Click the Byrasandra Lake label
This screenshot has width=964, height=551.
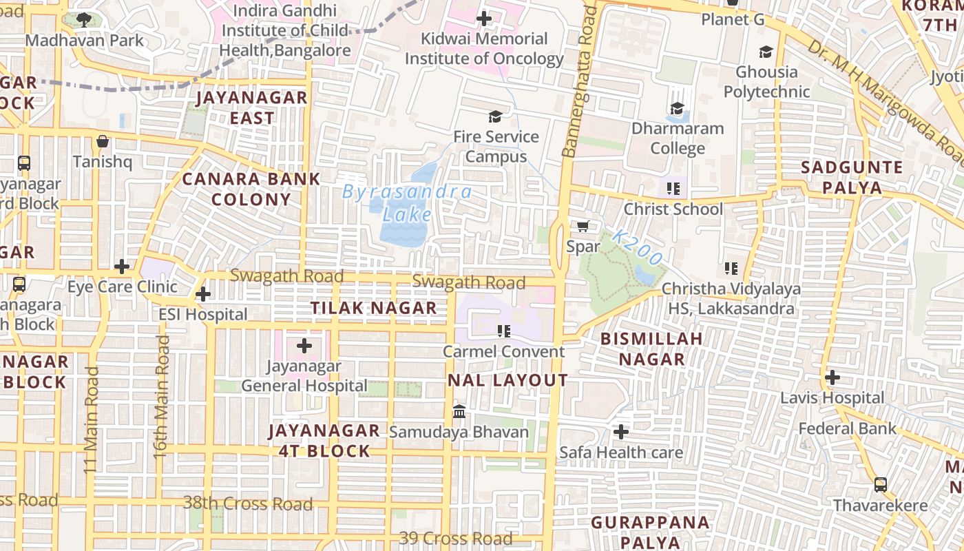(x=407, y=203)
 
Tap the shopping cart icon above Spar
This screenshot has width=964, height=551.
(x=583, y=226)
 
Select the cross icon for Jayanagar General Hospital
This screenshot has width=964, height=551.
(x=304, y=346)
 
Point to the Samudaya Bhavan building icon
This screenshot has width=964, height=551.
(x=459, y=412)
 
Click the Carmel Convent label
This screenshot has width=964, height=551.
(x=503, y=351)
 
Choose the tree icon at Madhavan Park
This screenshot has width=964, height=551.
(x=84, y=20)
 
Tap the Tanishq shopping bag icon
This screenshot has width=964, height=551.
(x=103, y=141)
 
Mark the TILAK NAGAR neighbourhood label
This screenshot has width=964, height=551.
(x=374, y=308)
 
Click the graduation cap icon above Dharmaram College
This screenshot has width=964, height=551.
(x=678, y=108)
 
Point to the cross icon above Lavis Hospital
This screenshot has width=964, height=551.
(x=832, y=377)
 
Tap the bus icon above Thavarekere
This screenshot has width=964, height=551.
(x=880, y=485)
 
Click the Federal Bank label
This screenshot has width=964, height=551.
(x=848, y=428)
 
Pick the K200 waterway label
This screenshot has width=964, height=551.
(x=638, y=248)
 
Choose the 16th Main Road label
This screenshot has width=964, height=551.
(x=161, y=397)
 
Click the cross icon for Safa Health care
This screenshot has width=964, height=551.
(x=621, y=432)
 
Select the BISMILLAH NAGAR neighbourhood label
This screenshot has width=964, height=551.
(x=651, y=349)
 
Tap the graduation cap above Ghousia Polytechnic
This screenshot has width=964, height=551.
(x=766, y=52)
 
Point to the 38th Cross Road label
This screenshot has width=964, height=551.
(x=248, y=503)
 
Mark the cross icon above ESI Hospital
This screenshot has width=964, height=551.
(x=202, y=295)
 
